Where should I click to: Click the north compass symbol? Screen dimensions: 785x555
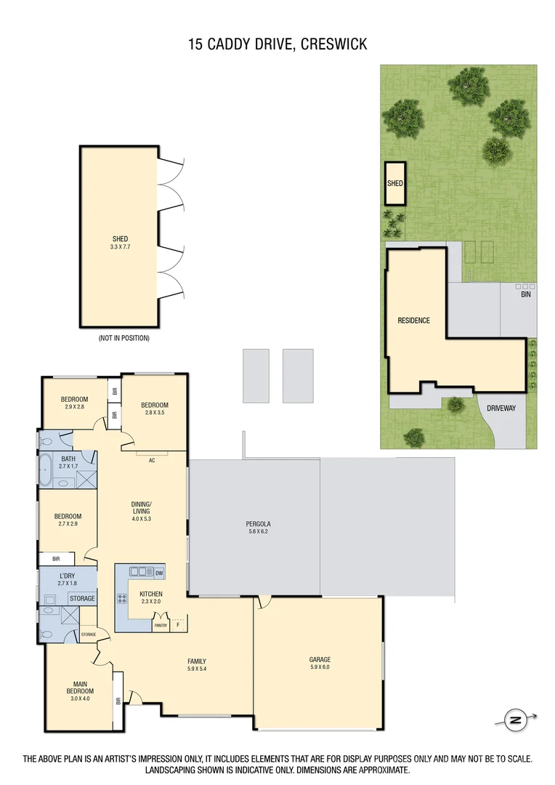pos(516,720)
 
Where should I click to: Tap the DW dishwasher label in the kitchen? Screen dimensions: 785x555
pos(158,573)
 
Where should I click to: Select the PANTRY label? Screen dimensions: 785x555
pos(161,625)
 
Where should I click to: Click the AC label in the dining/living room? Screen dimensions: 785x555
pos(153,460)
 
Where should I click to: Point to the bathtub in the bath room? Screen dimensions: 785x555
pos(47,470)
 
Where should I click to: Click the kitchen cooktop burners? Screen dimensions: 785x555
pos(122,600)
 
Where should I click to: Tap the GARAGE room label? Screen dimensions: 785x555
pos(320,660)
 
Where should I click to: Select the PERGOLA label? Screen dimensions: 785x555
pos(258,524)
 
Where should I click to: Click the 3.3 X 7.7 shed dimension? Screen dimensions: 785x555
pos(120,247)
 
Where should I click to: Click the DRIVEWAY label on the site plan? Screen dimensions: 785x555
pos(501,408)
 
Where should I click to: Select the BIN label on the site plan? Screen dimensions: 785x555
pos(525,294)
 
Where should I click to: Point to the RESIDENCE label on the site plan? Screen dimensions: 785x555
pos(413,321)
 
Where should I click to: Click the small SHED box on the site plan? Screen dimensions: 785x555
pos(394,184)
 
